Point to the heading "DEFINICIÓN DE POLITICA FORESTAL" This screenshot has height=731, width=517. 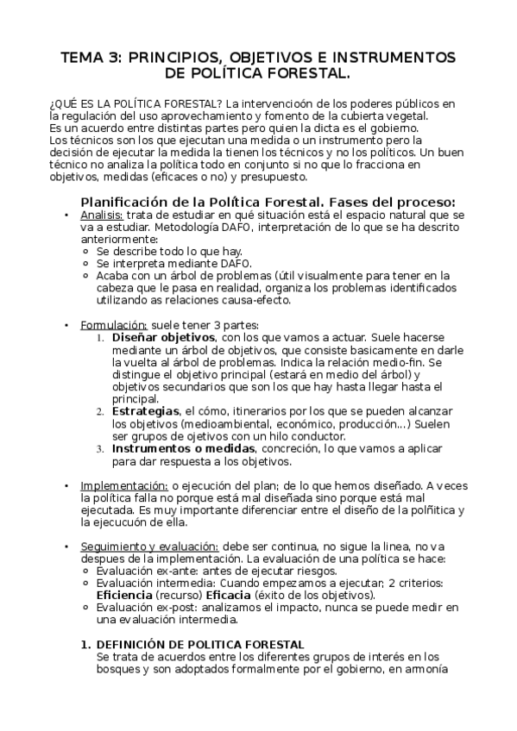[x=199, y=645]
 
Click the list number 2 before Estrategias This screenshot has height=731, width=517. [x=99, y=413]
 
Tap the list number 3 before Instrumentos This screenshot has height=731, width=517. [x=99, y=450]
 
